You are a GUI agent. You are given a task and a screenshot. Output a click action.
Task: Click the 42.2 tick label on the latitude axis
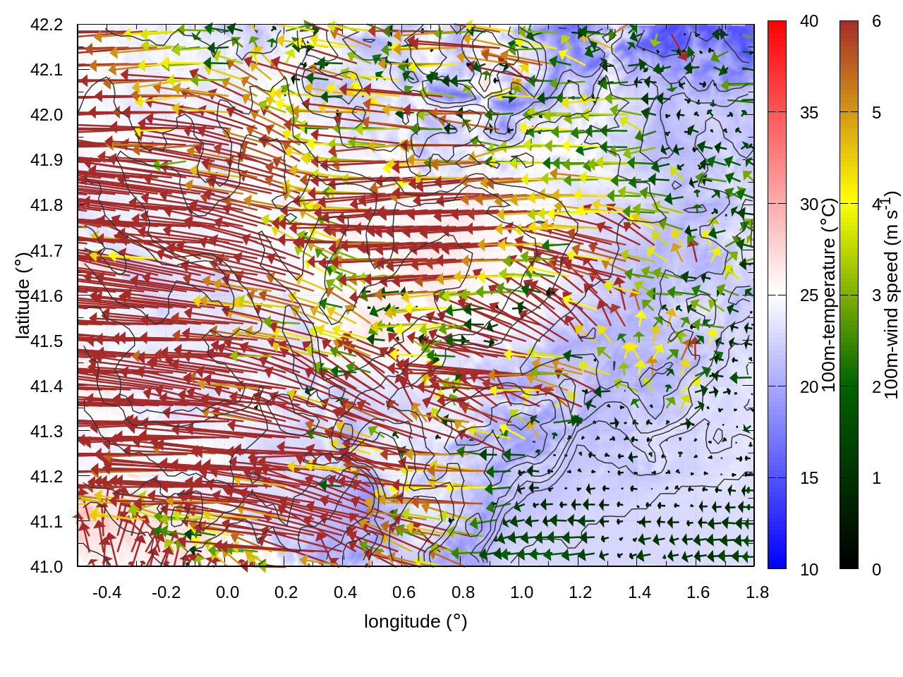pos(47,25)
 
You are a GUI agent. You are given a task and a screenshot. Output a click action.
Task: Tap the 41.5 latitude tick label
pos(47,341)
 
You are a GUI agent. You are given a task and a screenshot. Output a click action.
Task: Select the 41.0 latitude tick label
pos(47,567)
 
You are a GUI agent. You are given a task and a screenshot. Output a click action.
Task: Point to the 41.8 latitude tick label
pos(47,205)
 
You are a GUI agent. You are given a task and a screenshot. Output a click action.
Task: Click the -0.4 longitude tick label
pos(107,592)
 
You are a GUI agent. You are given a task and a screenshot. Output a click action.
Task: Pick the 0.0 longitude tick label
pos(227,592)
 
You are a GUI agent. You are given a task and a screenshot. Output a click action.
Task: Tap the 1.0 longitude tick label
pos(521,592)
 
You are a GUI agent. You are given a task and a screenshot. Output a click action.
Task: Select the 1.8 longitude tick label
pos(757,592)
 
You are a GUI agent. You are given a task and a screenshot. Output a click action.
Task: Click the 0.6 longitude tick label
pos(404,592)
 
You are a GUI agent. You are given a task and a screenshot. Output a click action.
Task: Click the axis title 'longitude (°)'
pos(416,621)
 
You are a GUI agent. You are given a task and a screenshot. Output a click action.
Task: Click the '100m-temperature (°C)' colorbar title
pos(830,295)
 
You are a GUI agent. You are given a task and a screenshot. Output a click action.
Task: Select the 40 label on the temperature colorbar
pos(809,21)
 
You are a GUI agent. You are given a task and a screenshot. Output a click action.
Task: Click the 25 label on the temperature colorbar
pos(809,295)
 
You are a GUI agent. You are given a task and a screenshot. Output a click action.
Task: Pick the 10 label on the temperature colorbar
pos(809,569)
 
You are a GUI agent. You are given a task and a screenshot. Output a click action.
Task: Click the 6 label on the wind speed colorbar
pos(876,21)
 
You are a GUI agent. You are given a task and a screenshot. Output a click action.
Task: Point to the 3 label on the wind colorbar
pos(876,295)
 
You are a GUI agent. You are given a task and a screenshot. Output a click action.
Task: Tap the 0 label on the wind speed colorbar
pos(876,569)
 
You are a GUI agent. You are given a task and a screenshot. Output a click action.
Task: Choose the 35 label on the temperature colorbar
pos(809,113)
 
